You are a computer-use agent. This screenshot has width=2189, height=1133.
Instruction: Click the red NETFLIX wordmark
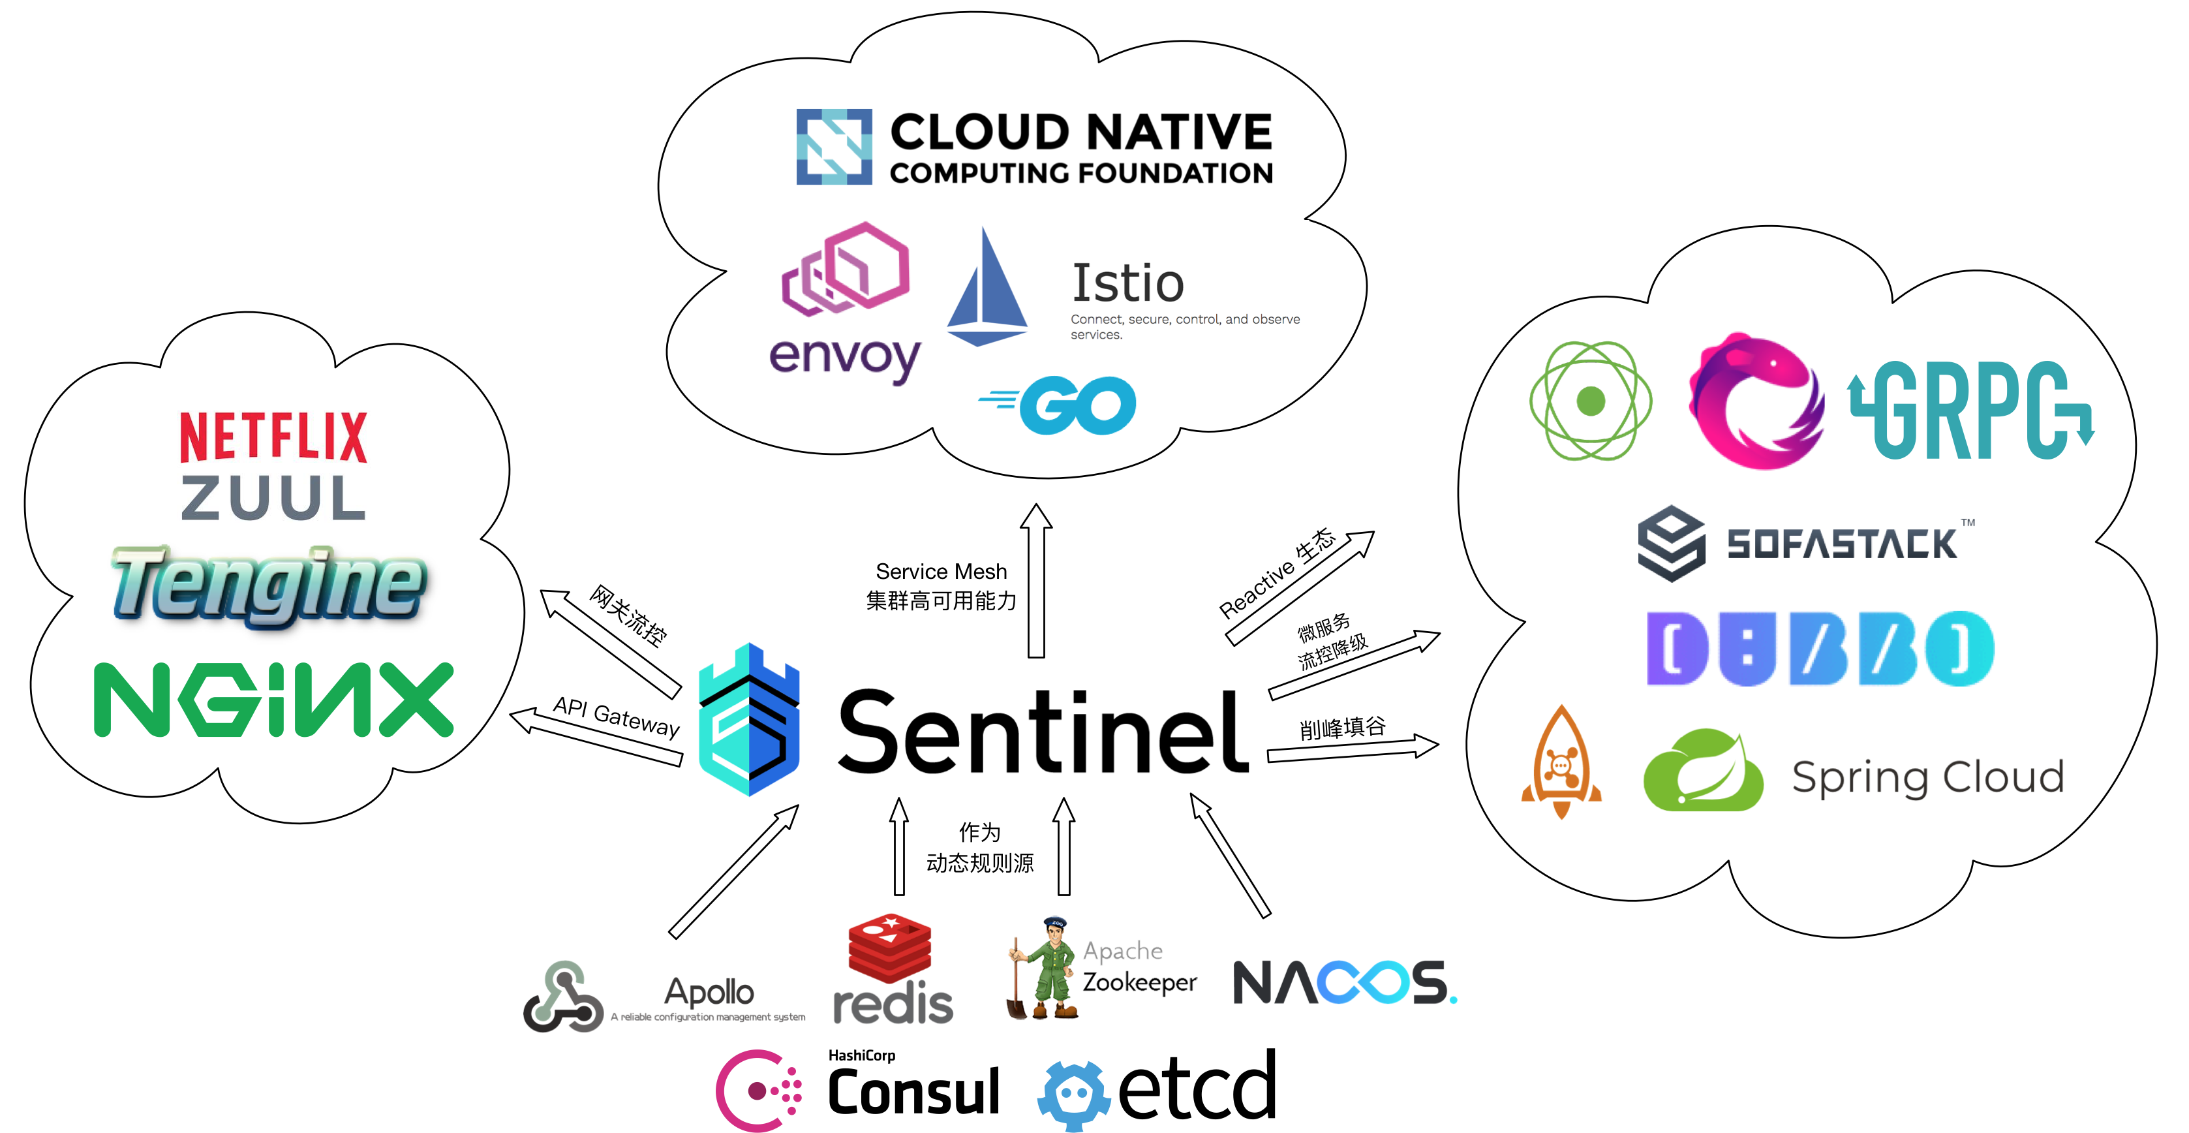click(x=273, y=436)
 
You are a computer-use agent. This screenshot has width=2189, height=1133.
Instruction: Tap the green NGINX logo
click(x=273, y=699)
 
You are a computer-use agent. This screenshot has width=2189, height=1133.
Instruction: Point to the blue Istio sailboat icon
click(x=987, y=289)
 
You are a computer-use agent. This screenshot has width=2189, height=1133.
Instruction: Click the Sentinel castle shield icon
click(x=748, y=720)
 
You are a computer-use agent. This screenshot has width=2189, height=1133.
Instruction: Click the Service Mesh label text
click(x=941, y=571)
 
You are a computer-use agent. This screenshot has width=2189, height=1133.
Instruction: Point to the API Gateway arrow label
click(x=616, y=717)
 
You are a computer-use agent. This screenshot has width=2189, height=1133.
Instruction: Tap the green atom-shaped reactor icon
click(x=1589, y=400)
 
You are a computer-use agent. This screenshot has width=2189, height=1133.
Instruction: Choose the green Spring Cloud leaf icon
click(x=1702, y=771)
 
